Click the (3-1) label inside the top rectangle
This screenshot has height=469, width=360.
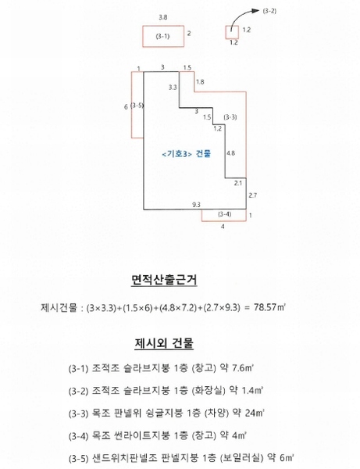162,36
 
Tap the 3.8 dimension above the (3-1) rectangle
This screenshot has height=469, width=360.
163,17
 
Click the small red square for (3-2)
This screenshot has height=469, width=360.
232,32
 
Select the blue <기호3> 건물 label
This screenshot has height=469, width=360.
187,154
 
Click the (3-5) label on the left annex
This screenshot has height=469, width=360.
137,106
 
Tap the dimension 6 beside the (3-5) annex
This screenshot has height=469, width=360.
126,107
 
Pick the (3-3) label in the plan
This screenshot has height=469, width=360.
230,117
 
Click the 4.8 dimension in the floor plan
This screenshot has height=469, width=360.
230,153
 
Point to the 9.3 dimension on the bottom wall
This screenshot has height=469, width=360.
196,205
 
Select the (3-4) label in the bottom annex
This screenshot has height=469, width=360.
224,214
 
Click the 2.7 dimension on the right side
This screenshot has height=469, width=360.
253,195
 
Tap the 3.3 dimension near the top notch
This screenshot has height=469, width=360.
173,87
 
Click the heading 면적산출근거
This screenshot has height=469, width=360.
164,280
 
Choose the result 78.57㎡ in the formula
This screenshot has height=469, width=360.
269,307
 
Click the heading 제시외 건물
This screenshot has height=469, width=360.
164,343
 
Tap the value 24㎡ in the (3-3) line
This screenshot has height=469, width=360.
255,413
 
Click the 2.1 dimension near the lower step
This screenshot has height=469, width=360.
238,183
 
